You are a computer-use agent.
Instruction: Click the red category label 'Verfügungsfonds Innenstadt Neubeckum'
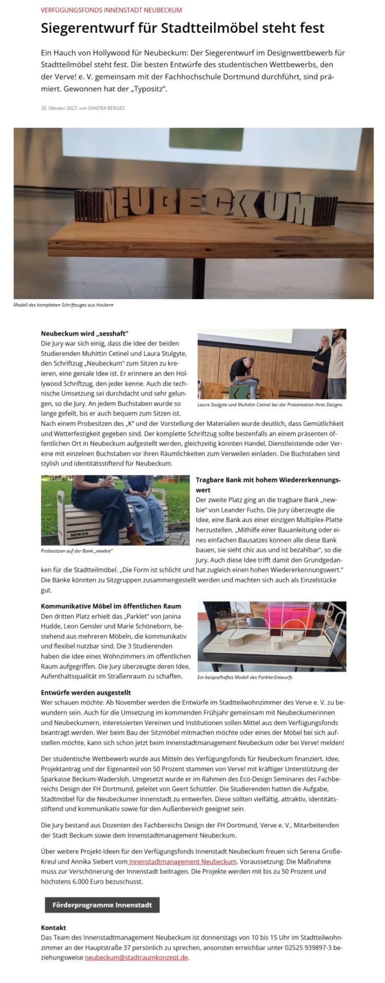coord(111,10)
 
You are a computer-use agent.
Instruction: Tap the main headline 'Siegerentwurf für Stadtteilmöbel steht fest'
coord(183,28)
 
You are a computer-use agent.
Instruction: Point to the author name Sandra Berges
coord(107,108)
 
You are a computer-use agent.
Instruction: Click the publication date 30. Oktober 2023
coord(59,108)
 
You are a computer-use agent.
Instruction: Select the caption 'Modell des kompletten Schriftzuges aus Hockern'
coord(63,305)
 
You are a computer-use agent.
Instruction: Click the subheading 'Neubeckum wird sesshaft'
coord(84,333)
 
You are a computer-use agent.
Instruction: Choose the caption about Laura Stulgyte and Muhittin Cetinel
coord(270,405)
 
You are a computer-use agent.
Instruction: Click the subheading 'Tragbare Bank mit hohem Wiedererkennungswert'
coord(268,485)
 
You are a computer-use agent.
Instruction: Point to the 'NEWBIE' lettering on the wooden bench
coord(70,534)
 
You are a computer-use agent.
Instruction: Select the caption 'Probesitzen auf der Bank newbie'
coord(76,551)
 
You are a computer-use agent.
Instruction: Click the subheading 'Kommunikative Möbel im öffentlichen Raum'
coord(111,606)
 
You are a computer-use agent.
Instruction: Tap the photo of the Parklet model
coord(272,636)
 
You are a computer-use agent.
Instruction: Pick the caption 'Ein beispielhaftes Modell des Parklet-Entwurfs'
coord(245,677)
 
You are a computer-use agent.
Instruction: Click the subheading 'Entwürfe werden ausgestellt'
coord(86,693)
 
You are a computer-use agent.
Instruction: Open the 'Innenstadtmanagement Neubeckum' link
coord(183,862)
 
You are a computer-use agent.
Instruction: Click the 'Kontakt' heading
coord(53,927)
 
